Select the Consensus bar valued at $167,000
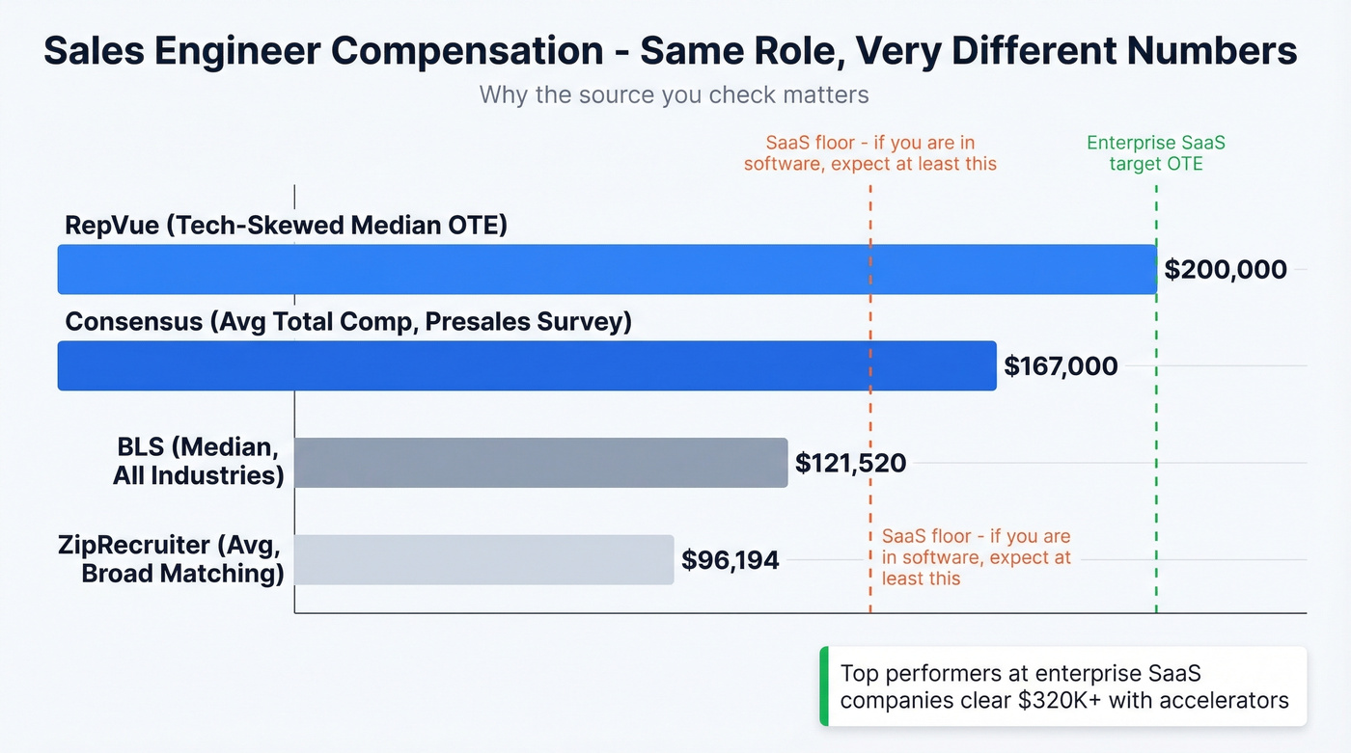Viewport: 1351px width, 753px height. pyautogui.click(x=526, y=365)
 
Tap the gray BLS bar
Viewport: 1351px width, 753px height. pyautogui.click(x=540, y=463)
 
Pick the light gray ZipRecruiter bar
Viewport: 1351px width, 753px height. pyautogui.click(x=482, y=559)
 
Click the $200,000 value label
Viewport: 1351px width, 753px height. pyautogui.click(x=1225, y=269)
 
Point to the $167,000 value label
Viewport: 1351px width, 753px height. pyautogui.click(x=1061, y=366)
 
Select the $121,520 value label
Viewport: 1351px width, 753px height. pyautogui.click(x=850, y=463)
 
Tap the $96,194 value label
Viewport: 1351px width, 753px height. pyautogui.click(x=730, y=559)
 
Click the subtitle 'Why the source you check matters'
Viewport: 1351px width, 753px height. pyautogui.click(x=674, y=95)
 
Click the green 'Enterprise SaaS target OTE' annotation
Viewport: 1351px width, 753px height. pyautogui.click(x=1155, y=153)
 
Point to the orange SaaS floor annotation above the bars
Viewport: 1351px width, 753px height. pyautogui.click(x=869, y=153)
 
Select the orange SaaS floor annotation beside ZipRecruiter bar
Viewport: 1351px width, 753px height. pyautogui.click(x=976, y=557)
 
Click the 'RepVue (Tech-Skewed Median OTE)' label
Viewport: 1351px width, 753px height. pyautogui.click(x=286, y=226)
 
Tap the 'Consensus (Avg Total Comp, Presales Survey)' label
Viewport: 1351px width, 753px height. pyautogui.click(x=347, y=322)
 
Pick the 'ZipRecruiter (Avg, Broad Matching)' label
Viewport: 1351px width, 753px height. pyautogui.click(x=170, y=559)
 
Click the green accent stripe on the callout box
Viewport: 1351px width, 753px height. pyautogui.click(x=823, y=686)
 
